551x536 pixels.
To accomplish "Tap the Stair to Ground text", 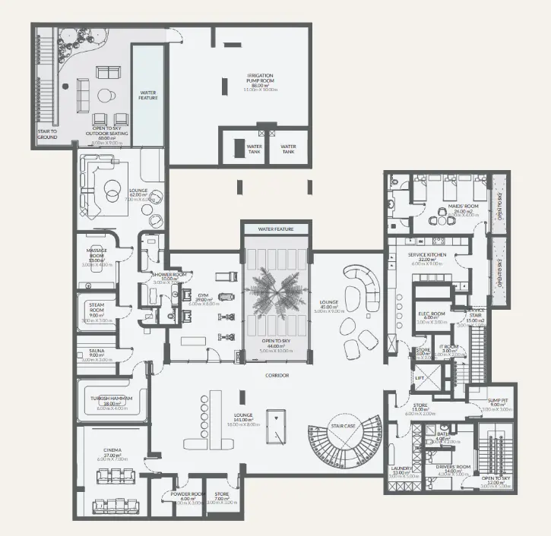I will [x=47, y=134].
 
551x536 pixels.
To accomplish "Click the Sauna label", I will [x=97, y=352].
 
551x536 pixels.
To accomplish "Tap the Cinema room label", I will [x=112, y=452].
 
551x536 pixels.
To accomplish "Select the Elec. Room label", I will [x=431, y=314].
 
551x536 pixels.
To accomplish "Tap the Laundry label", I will [x=401, y=468].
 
